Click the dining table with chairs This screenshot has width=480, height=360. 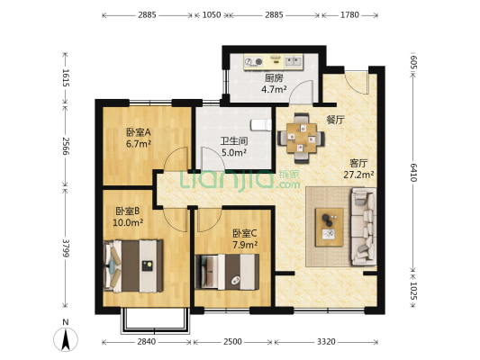point(302,138)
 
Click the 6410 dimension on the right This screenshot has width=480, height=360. point(413,171)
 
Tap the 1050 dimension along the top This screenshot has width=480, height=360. point(211,14)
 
